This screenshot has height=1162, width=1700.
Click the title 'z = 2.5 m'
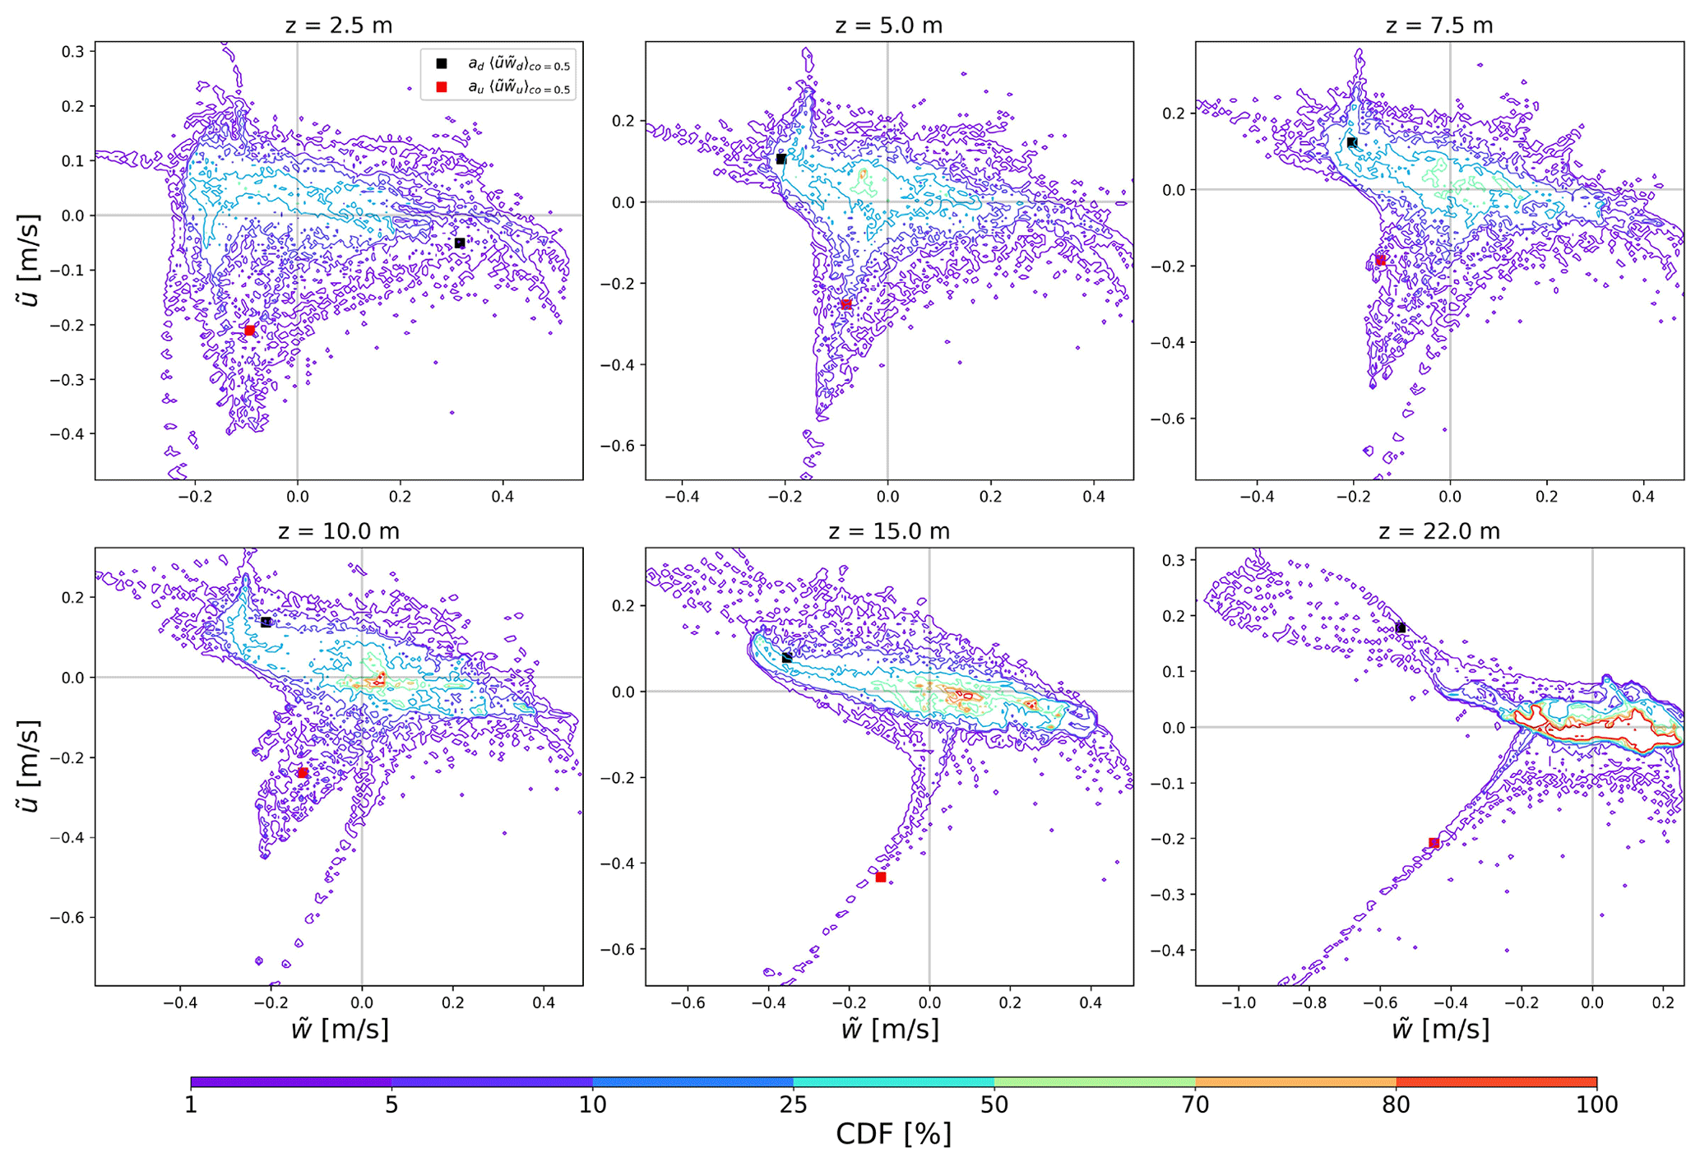(x=338, y=25)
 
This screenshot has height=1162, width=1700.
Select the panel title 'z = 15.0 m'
(x=888, y=531)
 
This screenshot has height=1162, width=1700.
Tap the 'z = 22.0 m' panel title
(x=1438, y=531)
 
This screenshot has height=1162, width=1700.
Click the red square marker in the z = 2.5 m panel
(x=249, y=331)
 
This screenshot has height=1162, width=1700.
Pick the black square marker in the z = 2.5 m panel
(x=460, y=243)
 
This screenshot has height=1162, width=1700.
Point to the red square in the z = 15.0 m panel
(x=881, y=877)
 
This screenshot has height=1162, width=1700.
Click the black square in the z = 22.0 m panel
(x=1400, y=628)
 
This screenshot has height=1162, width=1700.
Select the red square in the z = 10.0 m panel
(x=303, y=773)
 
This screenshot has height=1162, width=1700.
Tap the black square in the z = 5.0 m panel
(x=781, y=160)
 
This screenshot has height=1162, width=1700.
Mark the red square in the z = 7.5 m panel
(x=1381, y=261)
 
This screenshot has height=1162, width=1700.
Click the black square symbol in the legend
(x=442, y=63)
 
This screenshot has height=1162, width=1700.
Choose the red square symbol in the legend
(x=442, y=87)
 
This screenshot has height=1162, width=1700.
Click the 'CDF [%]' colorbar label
(x=893, y=1134)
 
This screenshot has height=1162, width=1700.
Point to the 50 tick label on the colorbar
(x=994, y=1104)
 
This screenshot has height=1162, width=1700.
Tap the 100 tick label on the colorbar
(x=1596, y=1104)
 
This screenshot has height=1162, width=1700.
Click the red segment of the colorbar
(x=1496, y=1082)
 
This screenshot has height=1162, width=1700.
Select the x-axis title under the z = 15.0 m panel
(x=889, y=1029)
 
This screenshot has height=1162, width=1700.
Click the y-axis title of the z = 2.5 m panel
(x=30, y=260)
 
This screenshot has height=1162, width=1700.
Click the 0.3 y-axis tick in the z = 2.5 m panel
(x=72, y=51)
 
